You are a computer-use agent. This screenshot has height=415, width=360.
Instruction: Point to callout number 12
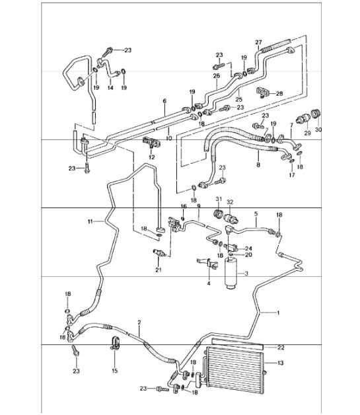point(152,157)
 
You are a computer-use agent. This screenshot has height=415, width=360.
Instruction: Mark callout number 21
point(159,270)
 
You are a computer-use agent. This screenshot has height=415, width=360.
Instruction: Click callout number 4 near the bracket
point(209,284)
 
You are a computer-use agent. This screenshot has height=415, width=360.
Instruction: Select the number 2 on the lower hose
point(139,322)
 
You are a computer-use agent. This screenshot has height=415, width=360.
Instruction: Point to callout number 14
point(110,87)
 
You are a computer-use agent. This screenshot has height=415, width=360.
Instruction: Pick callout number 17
point(291,175)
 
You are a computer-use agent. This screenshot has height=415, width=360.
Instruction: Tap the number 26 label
point(216,76)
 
